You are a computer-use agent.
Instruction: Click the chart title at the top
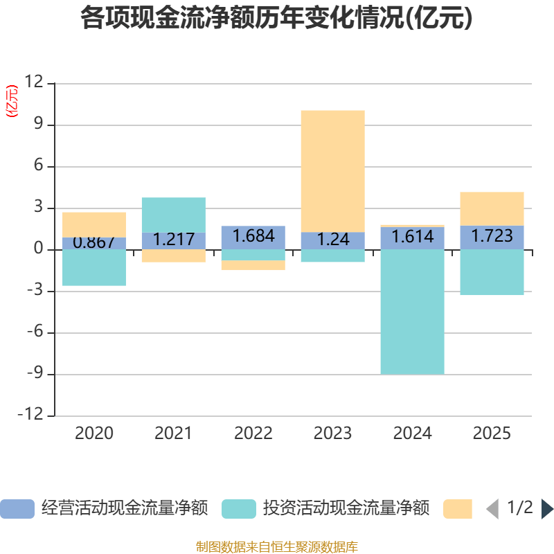pyautogui.click(x=276, y=19)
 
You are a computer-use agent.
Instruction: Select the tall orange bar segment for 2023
pyautogui.click(x=332, y=170)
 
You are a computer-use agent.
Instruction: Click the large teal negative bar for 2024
pyautogui.click(x=412, y=312)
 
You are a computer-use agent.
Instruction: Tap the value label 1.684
pyautogui.click(x=253, y=236)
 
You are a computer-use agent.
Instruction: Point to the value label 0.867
pyautogui.click(x=94, y=242)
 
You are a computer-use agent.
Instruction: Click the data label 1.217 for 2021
pyautogui.click(x=174, y=240)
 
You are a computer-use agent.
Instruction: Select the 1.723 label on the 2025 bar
pyautogui.click(x=492, y=236)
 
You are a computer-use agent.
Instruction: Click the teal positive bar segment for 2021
pyautogui.click(x=174, y=214)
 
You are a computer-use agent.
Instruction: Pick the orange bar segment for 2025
pyautogui.click(x=492, y=208)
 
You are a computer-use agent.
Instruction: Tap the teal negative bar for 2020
pyautogui.click(x=94, y=268)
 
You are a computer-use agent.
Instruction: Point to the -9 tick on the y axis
pyautogui.click(x=32, y=375)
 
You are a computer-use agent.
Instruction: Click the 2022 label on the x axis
pyautogui.click(x=253, y=434)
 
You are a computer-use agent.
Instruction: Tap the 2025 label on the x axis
pyautogui.click(x=492, y=434)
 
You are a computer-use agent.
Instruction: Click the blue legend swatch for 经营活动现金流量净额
pyautogui.click(x=17, y=509)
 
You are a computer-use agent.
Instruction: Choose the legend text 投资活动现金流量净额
pyautogui.click(x=346, y=509)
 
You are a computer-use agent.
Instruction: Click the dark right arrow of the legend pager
pyautogui.click(x=547, y=509)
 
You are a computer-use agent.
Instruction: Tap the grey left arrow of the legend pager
pyautogui.click(x=492, y=509)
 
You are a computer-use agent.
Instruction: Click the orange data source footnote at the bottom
pyautogui.click(x=277, y=547)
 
